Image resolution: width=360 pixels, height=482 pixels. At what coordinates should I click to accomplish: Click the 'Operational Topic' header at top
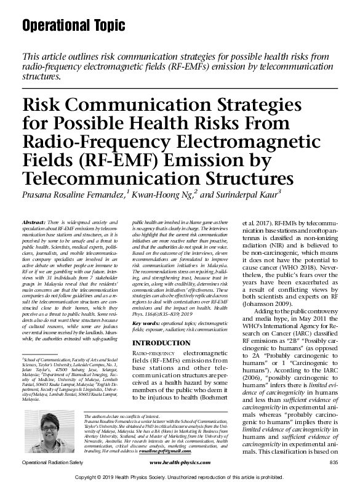click(73, 26)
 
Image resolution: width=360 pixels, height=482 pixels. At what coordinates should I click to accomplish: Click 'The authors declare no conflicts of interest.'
click(122, 417)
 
